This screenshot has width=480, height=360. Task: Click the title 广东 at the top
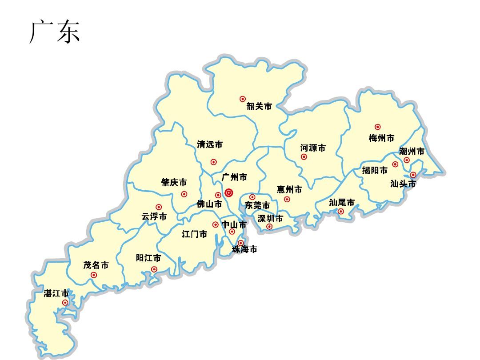55,32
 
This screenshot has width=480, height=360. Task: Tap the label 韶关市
259,107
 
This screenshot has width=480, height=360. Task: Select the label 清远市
210,144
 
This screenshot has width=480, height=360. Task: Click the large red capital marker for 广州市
229,193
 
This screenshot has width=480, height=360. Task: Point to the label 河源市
313,148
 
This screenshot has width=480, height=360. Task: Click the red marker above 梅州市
377,127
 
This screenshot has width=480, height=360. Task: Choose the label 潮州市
412,152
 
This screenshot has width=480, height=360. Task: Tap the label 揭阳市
374,170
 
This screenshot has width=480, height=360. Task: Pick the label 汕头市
403,184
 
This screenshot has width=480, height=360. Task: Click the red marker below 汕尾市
341,212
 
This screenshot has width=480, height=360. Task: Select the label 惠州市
289,190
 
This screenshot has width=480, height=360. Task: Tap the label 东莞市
257,205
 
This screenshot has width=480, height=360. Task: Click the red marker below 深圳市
269,227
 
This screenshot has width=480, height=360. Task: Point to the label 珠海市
244,250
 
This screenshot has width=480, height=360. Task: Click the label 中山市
234,224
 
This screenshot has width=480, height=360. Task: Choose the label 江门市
195,234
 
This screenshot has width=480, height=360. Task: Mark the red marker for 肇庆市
184,194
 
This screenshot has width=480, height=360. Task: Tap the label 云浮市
154,217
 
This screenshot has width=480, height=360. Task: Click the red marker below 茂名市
94,275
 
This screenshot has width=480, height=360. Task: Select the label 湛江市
56,294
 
